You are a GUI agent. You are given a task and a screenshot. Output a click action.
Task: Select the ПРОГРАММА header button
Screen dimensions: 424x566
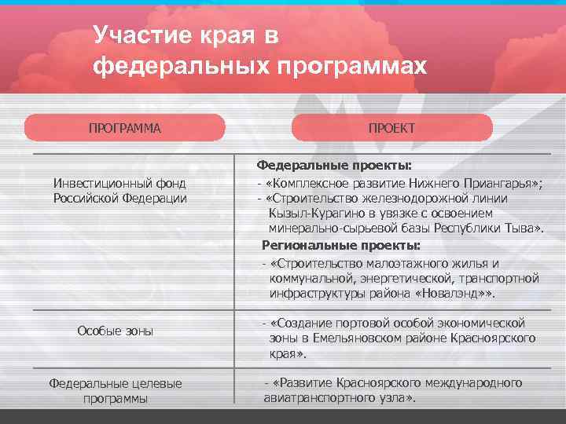tap(124, 127)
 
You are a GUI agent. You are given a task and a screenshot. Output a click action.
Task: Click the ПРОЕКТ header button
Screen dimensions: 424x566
tap(391, 127)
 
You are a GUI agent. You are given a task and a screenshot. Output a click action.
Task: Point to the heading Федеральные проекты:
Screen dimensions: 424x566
tap(334, 166)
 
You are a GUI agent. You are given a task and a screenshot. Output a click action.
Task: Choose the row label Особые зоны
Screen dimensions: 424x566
tap(115, 331)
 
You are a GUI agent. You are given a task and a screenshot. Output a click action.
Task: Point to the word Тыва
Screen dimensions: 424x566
tap(522, 228)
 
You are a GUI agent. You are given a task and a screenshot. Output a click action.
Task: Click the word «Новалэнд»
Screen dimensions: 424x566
tap(458, 294)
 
